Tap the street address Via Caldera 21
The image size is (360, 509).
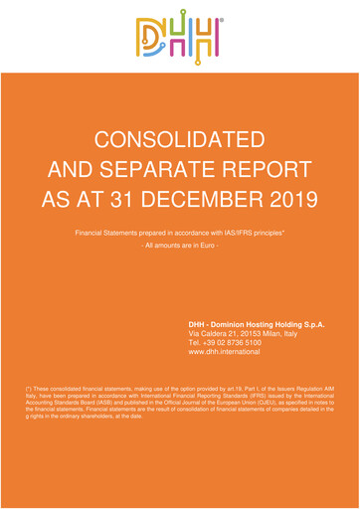click(x=218, y=333)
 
